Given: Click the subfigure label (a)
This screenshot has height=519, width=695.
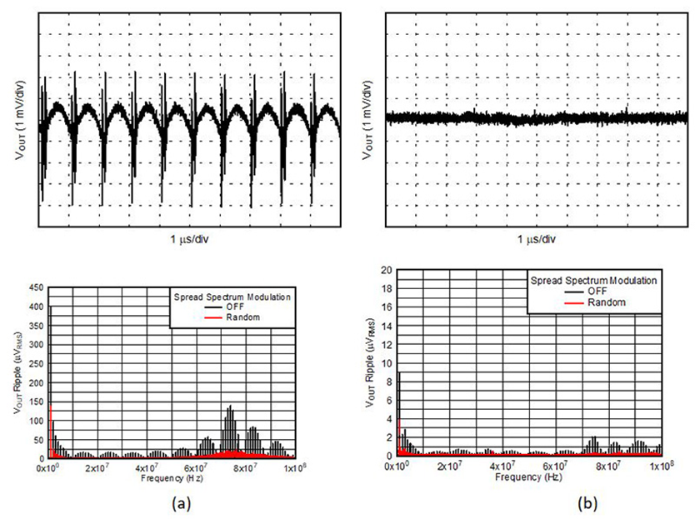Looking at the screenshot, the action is pyautogui.click(x=182, y=503).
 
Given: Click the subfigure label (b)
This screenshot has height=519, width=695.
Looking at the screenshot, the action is pyautogui.click(x=587, y=503).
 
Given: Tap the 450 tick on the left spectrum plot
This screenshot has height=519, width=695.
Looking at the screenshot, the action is pyautogui.click(x=36, y=287).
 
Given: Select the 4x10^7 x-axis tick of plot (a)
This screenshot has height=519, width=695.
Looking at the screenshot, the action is pyautogui.click(x=147, y=468).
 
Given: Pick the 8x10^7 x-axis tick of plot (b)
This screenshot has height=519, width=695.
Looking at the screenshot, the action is pyautogui.click(x=608, y=467).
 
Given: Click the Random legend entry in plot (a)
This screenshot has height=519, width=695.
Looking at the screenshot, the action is pyautogui.click(x=242, y=317).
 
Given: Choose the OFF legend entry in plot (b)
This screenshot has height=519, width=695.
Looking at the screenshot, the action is pyautogui.click(x=597, y=292).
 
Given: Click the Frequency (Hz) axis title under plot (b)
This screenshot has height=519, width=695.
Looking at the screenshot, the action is pyautogui.click(x=528, y=477).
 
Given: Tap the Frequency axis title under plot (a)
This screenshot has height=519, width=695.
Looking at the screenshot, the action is pyautogui.click(x=172, y=478).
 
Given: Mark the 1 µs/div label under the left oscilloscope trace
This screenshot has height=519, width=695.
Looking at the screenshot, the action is pyautogui.click(x=189, y=240).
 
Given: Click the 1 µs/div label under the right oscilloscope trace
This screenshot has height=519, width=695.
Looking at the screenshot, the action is pyautogui.click(x=537, y=240).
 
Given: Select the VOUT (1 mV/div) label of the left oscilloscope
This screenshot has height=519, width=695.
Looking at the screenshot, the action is pyautogui.click(x=21, y=120).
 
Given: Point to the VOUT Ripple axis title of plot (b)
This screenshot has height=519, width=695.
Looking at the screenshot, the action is pyautogui.click(x=370, y=362).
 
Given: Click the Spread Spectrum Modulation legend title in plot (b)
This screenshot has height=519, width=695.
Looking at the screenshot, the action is pyautogui.click(x=594, y=281).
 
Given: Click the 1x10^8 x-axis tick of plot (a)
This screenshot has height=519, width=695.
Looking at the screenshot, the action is pyautogui.click(x=295, y=468).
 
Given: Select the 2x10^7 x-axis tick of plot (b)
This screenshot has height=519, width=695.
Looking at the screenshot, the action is pyautogui.click(x=449, y=467).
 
